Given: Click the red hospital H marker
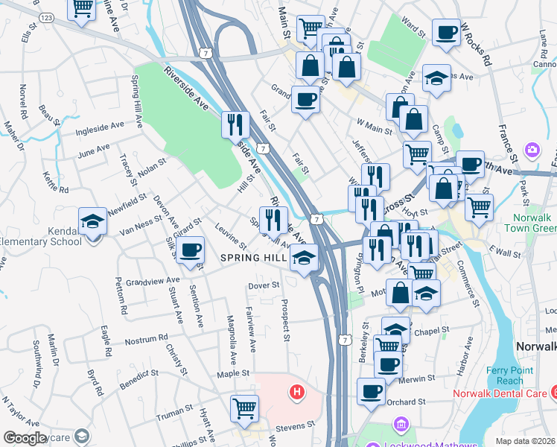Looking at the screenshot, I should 297,392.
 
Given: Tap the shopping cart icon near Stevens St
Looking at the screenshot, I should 244,409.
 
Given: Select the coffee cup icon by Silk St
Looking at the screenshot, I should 191,249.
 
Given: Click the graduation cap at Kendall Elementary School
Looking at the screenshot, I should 92,221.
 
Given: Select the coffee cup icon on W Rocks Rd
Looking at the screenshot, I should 445,33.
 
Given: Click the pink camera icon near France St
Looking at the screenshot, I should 531,150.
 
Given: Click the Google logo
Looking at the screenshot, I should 25,438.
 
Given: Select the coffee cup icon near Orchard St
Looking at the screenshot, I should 370,392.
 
